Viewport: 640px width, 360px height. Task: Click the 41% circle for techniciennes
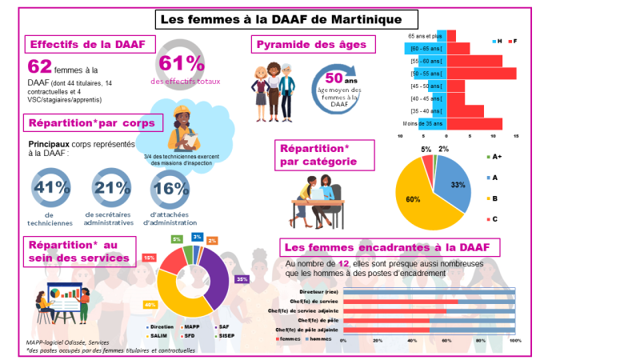coord(51,189)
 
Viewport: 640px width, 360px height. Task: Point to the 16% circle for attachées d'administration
coord(170,189)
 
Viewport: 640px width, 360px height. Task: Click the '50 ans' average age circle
coord(338,86)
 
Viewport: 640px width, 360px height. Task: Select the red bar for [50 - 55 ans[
coord(481,74)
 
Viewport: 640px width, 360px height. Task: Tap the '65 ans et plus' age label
coord(424,36)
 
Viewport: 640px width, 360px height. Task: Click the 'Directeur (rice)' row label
coord(318,292)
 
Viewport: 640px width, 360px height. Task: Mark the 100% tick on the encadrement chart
coord(515,340)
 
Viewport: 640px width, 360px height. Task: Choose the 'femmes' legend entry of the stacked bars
coord(288,338)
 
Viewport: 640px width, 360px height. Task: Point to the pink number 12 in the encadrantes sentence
coord(343,263)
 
